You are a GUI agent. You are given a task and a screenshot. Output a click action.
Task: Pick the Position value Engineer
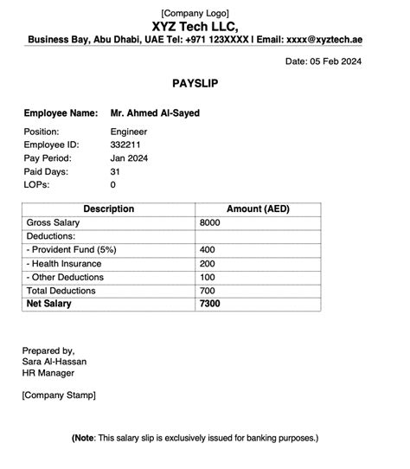coord(129,132)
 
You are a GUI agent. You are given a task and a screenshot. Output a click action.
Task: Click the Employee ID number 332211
coord(126,145)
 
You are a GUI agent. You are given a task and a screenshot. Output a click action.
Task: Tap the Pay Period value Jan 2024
coord(130,158)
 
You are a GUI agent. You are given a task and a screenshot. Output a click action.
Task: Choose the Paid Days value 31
coord(116,171)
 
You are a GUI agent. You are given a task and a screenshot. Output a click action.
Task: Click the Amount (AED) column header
coord(258,209)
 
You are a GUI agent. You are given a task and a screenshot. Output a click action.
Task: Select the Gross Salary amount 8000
coord(210,223)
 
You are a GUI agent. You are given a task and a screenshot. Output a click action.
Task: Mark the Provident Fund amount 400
coord(208,250)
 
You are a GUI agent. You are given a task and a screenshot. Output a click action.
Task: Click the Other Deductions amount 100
coord(208,277)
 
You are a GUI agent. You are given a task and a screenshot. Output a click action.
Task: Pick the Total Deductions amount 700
coord(208,291)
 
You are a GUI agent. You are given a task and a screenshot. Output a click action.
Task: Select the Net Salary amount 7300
coord(210,304)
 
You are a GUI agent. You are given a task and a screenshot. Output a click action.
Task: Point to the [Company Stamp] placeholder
coord(59,395)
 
